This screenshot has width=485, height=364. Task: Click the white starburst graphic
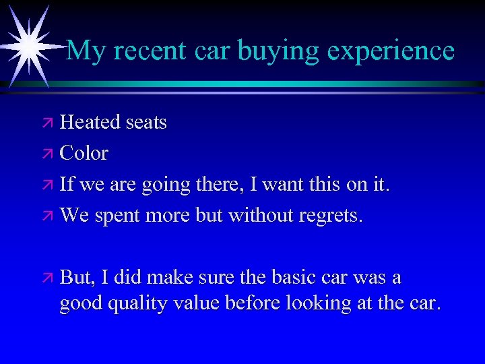tap(29, 45)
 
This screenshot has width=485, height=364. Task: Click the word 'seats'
tap(145, 122)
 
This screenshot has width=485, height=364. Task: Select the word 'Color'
tap(84, 153)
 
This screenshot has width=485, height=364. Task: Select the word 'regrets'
tap(332, 216)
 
